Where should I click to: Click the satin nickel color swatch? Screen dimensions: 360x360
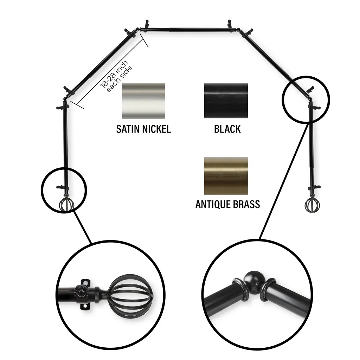143,101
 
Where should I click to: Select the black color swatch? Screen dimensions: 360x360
226,101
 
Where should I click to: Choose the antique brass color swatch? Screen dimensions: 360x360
226,176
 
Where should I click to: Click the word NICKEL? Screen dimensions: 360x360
156,129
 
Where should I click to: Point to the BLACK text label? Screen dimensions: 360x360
227,129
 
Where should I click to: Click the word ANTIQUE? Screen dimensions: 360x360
213,204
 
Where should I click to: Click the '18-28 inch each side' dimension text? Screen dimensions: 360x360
116,76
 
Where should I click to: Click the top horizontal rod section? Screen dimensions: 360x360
188,30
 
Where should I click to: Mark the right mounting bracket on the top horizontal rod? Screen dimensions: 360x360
230,24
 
